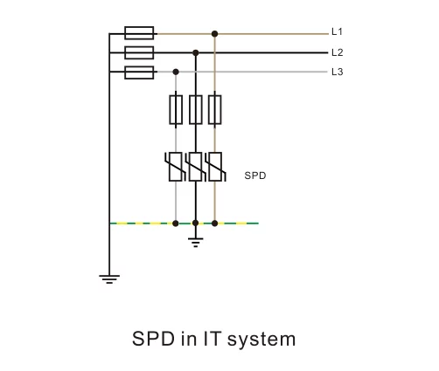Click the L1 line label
tap(337, 31)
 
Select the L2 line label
tap(338, 52)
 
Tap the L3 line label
tap(338, 72)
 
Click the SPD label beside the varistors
tap(255, 175)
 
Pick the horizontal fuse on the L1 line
tap(139, 33)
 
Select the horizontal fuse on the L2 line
tap(139, 52)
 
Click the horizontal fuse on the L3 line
tap(139, 72)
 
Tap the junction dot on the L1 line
tap(215, 34)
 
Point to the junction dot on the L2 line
tap(196, 53)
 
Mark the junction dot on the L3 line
tap(176, 72)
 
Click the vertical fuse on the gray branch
tap(176, 110)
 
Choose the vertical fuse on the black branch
tap(196, 110)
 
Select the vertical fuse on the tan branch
tap(215, 110)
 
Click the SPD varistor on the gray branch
tap(176, 167)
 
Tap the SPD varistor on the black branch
tap(196, 167)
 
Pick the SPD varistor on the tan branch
tap(215, 167)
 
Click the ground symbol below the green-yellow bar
tap(196, 242)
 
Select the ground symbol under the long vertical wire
tap(109, 278)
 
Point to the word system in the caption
tap(261, 340)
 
